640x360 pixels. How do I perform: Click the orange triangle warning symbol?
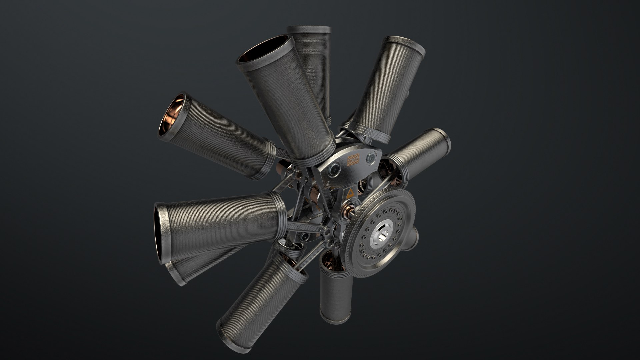click(351, 193)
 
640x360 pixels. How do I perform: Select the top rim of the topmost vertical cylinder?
click(309, 29)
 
